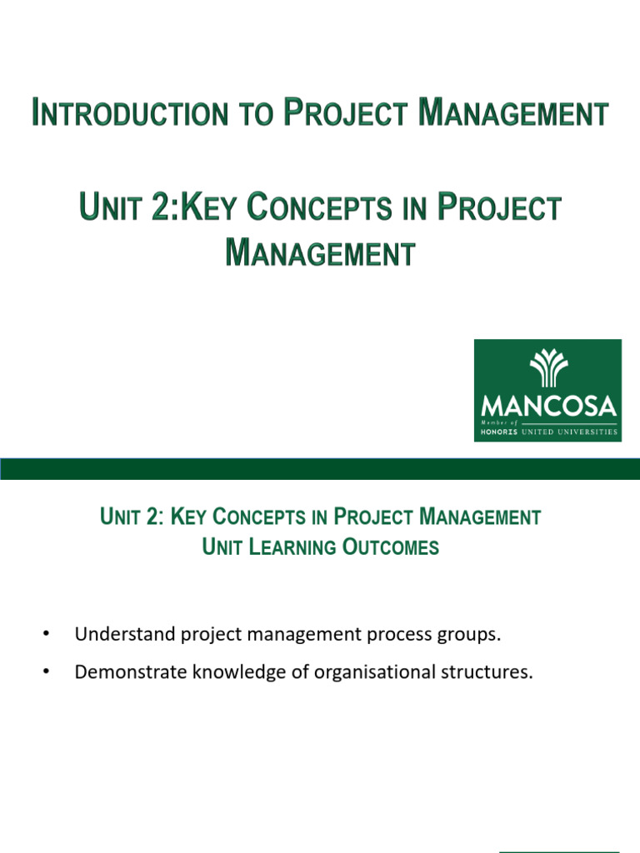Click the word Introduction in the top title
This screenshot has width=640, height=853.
click(132, 112)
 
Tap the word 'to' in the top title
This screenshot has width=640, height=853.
click(257, 113)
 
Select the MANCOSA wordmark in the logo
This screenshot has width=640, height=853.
click(548, 407)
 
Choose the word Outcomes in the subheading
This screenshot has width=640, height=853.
click(391, 547)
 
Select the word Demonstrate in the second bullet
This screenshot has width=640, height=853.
click(127, 672)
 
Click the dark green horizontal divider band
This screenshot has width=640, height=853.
click(320, 468)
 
